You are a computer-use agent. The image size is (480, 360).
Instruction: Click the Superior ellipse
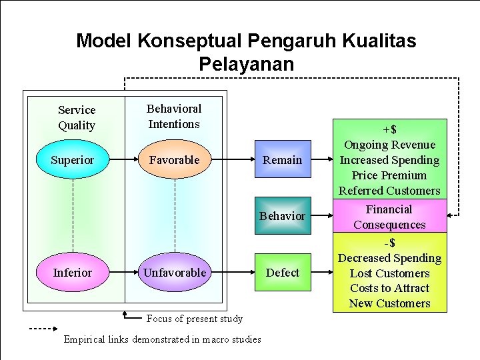tap(72, 160)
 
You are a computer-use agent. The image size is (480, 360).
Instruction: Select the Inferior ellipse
tap(72, 273)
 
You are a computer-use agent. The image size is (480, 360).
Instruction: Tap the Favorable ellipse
tap(175, 160)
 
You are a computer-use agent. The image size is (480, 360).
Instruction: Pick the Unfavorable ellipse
tap(175, 273)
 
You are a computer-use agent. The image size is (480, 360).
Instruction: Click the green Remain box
tap(283, 160)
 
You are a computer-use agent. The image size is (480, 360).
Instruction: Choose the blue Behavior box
tap(283, 216)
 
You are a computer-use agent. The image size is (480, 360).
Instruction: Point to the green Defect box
tap(283, 273)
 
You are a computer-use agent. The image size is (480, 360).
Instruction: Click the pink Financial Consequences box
tap(389, 217)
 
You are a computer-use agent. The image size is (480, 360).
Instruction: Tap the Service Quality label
tap(77, 117)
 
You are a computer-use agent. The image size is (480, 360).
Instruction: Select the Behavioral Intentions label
tap(174, 116)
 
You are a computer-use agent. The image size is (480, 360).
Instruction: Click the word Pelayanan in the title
tap(246, 64)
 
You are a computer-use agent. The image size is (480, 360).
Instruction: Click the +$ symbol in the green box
tap(389, 129)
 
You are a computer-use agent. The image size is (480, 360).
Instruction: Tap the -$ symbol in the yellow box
tap(389, 243)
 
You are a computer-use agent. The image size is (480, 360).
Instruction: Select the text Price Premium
tap(389, 175)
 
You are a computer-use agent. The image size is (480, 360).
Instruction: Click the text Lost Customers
tap(389, 273)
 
